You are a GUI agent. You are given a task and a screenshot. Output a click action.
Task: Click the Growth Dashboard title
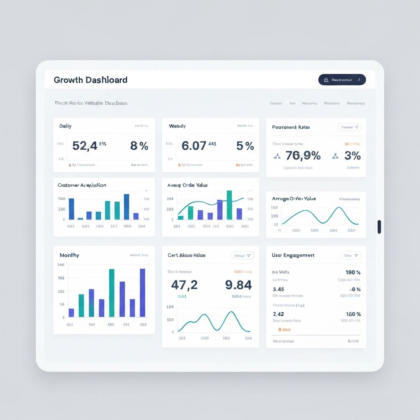pyautogui.click(x=90, y=80)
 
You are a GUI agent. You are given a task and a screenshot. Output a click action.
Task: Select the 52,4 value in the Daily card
pyautogui.click(x=84, y=146)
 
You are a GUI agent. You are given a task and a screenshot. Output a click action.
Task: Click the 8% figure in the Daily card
pyautogui.click(x=139, y=146)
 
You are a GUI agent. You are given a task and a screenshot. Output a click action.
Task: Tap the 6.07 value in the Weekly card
pyautogui.click(x=194, y=146)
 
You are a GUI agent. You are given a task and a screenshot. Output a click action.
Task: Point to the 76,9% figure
pyautogui.click(x=303, y=155)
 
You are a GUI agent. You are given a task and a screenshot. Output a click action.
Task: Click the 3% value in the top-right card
pyautogui.click(x=352, y=155)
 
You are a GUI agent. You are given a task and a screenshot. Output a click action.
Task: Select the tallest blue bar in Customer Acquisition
pyautogui.click(x=126, y=207)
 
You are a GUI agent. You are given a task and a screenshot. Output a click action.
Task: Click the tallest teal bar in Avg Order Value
pyautogui.click(x=229, y=205)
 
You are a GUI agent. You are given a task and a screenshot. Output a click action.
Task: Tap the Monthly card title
pyautogui.click(x=69, y=255)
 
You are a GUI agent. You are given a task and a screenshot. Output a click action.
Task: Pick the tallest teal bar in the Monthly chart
pyautogui.click(x=112, y=292)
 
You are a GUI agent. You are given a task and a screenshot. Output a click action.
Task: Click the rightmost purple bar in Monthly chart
pyautogui.click(x=142, y=292)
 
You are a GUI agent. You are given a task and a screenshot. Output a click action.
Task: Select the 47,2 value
pyautogui.click(x=184, y=285)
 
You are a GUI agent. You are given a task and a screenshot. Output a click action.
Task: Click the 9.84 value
pyautogui.click(x=238, y=285)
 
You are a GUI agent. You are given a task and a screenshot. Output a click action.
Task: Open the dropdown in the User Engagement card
pyautogui.click(x=351, y=255)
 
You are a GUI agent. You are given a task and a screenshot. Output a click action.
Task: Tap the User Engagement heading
pyautogui.click(x=293, y=255)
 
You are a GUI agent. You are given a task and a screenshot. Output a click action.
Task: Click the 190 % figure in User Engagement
pyautogui.click(x=353, y=272)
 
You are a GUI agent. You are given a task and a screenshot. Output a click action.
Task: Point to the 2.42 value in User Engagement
pyautogui.click(x=278, y=314)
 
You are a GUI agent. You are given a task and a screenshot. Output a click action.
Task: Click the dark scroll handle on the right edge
pyautogui.click(x=379, y=227)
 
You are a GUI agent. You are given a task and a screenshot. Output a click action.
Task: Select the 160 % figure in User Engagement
pyautogui.click(x=353, y=314)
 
